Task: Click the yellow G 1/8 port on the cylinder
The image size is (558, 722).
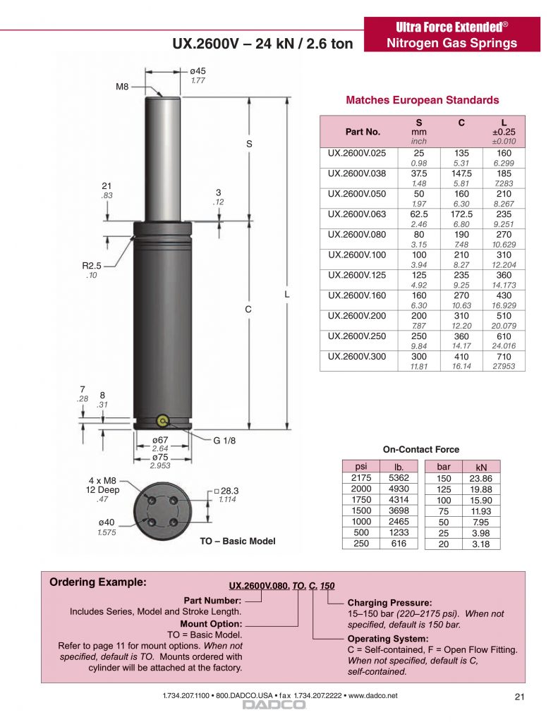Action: [x=163, y=420]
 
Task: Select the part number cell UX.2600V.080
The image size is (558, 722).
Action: [x=357, y=234]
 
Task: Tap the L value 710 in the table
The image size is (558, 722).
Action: [x=504, y=356]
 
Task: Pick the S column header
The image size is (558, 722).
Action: [x=419, y=123]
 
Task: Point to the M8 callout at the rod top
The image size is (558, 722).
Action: [x=122, y=87]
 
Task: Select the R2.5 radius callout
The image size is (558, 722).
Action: [x=91, y=266]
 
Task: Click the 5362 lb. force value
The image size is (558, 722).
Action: [x=399, y=478]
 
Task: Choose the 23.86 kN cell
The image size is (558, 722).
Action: [x=481, y=479]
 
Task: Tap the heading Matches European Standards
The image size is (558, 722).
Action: [x=422, y=100]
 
